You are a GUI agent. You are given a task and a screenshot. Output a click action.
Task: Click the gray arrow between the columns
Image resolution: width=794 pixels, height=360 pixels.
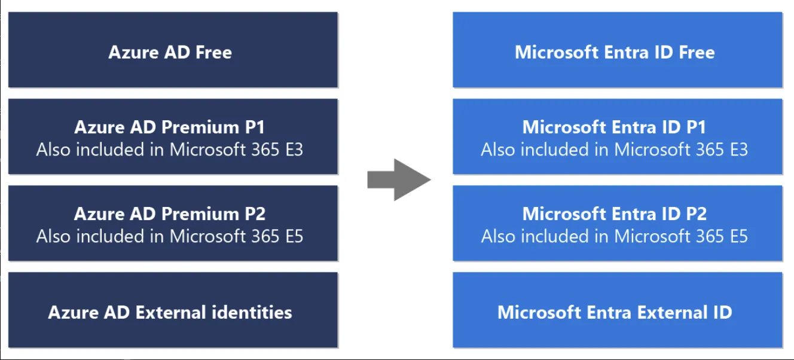398,179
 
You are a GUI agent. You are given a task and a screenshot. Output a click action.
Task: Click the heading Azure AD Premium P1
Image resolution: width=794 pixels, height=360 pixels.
170,127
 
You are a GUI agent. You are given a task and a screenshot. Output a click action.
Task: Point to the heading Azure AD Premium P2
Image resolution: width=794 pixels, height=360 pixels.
170,213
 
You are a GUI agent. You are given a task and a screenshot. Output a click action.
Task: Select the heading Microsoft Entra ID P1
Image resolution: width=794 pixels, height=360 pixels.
614,127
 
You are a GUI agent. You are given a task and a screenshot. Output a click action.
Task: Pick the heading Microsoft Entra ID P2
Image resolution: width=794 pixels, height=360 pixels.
614,213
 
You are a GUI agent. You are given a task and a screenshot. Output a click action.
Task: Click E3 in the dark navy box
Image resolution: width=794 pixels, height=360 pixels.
293,150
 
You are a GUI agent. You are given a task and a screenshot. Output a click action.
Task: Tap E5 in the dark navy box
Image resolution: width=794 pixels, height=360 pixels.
293,236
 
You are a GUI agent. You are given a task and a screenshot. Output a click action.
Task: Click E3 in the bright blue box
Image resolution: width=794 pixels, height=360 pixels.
737,150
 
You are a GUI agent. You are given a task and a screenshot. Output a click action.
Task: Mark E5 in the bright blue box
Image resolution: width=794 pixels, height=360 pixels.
737,236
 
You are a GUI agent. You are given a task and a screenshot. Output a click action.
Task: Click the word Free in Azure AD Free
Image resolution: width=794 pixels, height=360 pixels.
213,53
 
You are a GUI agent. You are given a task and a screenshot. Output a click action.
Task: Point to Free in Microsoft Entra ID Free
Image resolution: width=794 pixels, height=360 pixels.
697,53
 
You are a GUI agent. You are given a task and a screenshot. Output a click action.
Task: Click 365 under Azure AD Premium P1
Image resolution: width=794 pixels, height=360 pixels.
261,150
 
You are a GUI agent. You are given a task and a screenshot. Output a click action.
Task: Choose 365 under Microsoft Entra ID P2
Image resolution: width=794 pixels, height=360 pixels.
706,236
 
